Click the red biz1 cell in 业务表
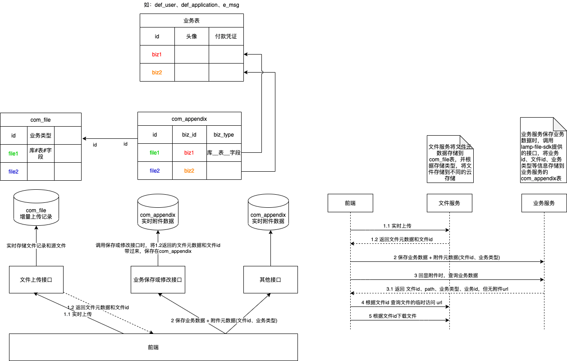point(157,55)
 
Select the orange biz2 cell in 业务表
point(157,72)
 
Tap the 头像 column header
point(192,37)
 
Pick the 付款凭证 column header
point(226,37)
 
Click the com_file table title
point(41,119)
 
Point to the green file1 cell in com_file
point(14,154)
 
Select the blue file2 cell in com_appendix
point(155,171)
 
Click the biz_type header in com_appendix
point(224,135)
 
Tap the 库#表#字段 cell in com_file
point(41,154)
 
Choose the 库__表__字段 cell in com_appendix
point(224,153)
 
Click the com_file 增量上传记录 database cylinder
point(36,207)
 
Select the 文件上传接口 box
point(36,280)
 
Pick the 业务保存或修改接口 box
point(158,280)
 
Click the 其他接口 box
point(270,280)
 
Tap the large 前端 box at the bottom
point(153,347)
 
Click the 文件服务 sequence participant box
point(449,203)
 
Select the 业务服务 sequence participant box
point(544,203)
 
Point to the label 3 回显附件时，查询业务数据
point(446,275)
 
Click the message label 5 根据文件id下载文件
point(393,316)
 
